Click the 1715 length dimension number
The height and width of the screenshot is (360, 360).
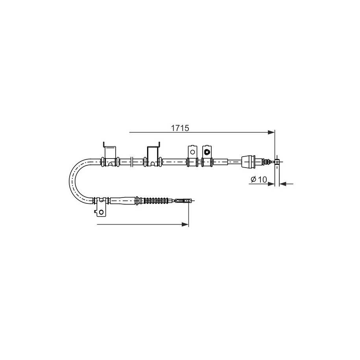[180, 128]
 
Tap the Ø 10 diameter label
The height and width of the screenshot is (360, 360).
[258, 179]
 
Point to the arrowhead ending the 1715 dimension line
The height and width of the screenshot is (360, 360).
[271, 132]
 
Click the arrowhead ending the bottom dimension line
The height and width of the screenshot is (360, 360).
[185, 224]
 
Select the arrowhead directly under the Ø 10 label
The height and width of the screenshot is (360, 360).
[271, 184]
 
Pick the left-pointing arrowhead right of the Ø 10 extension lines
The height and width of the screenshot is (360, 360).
[282, 184]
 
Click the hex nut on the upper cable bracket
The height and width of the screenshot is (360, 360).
[207, 151]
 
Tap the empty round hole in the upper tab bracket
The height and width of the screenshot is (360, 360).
[193, 152]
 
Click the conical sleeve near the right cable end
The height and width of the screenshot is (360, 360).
[248, 162]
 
